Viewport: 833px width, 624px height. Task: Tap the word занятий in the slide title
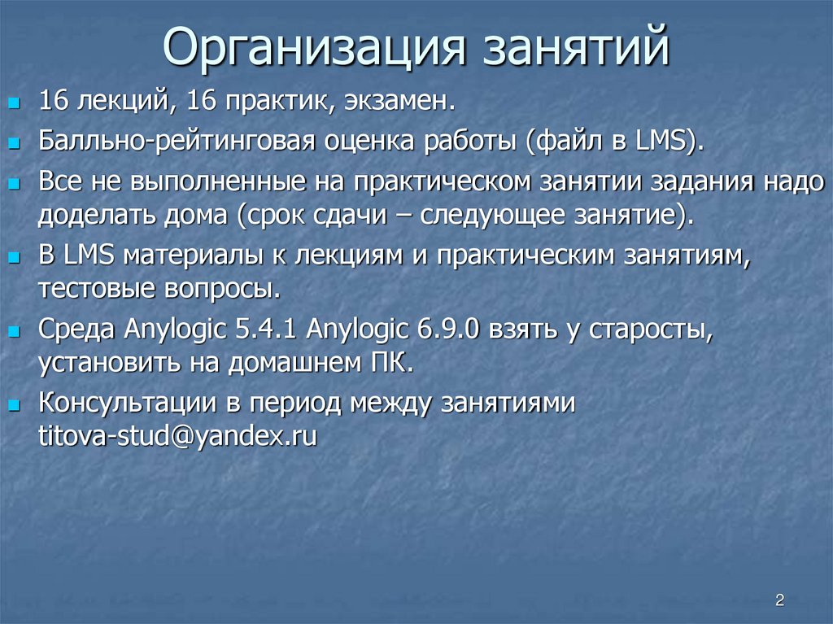point(578,50)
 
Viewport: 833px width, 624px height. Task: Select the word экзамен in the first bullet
point(398,103)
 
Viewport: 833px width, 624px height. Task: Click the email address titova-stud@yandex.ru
point(177,436)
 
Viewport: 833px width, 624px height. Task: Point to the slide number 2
point(779,600)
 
